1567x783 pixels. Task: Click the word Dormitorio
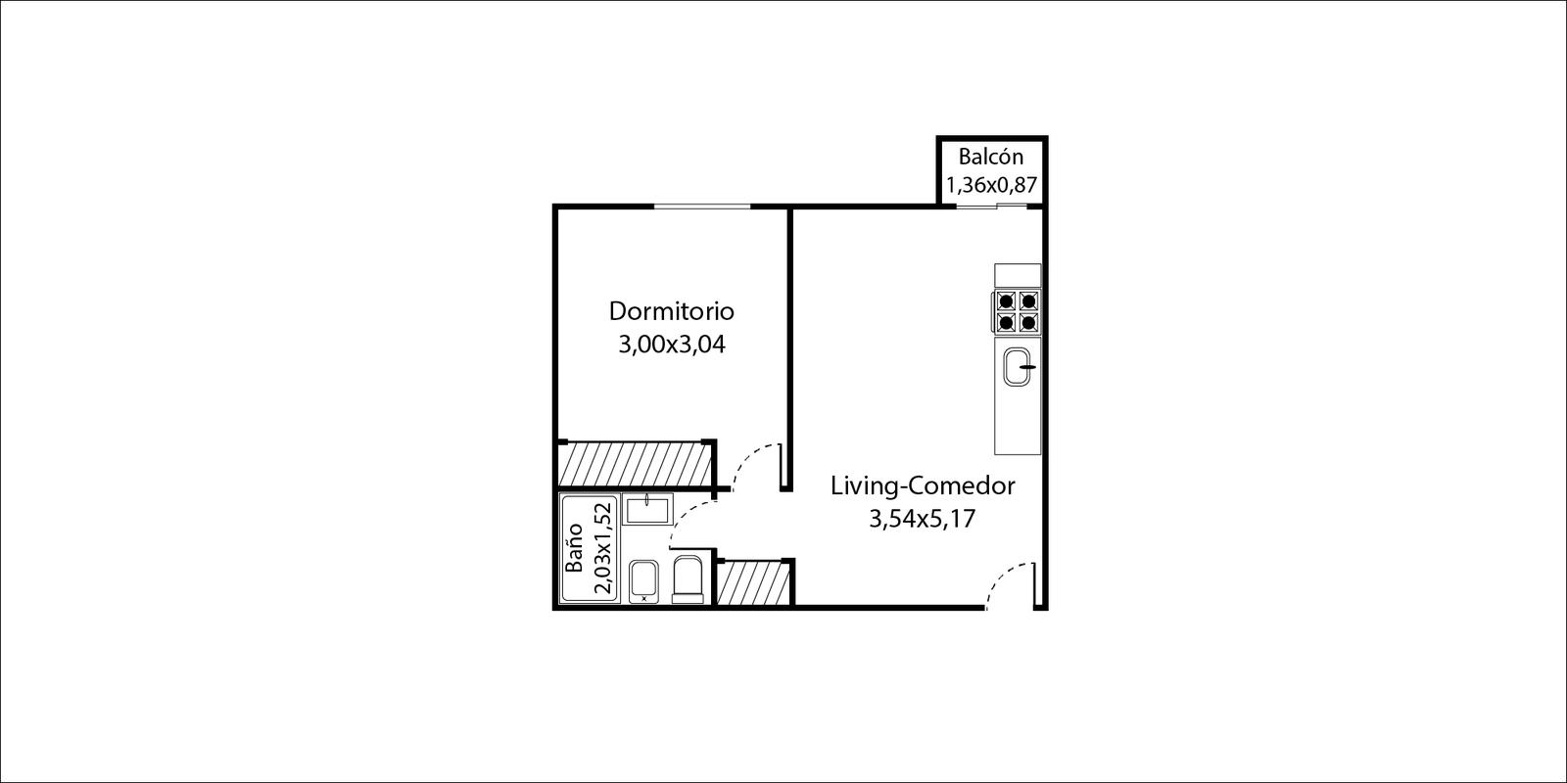coord(672,311)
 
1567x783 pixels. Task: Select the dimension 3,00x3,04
coord(672,345)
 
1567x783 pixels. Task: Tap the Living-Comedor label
coord(923,486)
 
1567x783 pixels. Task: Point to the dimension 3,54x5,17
coord(922,520)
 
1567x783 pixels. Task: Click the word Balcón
coord(990,156)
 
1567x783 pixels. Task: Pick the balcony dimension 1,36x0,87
coord(991,185)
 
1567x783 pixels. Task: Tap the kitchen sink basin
coord(1018,367)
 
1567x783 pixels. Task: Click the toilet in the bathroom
coord(688,579)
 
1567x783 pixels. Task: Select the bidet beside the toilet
coord(643,581)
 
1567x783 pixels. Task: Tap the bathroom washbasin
coord(647,509)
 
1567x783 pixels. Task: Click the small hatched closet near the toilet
coord(753,583)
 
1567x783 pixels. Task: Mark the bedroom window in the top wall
coord(701,207)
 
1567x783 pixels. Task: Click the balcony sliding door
coord(992,206)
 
